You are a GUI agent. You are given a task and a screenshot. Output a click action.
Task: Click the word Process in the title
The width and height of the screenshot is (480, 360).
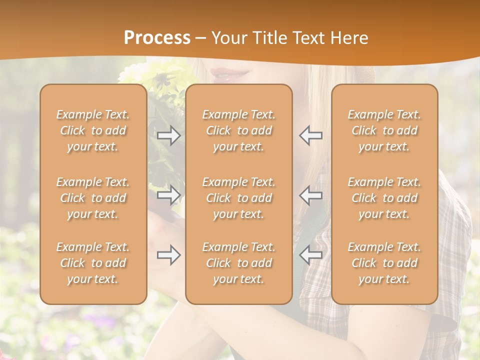(x=157, y=38)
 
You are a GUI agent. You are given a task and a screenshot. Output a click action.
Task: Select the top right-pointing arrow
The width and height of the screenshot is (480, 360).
(x=169, y=135)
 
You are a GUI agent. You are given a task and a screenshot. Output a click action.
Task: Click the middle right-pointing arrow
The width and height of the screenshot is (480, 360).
(x=169, y=194)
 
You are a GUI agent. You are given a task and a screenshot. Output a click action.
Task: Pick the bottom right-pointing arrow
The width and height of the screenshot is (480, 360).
(x=169, y=255)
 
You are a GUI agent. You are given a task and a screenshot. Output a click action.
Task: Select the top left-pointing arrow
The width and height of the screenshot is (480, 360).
(x=310, y=135)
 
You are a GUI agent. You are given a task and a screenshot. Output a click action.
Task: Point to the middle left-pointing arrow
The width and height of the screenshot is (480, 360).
(x=310, y=194)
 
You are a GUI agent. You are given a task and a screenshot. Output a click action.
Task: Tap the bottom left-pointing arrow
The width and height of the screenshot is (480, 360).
(x=310, y=255)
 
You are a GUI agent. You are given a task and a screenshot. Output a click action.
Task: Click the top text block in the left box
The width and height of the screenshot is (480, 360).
(x=93, y=130)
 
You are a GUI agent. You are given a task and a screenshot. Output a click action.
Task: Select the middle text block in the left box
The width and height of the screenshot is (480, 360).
(x=93, y=198)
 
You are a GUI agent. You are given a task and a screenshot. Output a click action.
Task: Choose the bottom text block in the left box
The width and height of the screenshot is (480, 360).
(x=93, y=263)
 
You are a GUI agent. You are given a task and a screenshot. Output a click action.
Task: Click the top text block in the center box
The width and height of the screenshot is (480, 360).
(x=239, y=130)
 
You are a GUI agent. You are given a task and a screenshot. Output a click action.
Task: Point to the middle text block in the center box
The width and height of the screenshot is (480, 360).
(x=239, y=198)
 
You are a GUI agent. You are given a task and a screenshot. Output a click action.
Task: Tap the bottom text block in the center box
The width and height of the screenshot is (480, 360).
(x=239, y=263)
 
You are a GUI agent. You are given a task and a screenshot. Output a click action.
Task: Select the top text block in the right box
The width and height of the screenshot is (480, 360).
(x=384, y=130)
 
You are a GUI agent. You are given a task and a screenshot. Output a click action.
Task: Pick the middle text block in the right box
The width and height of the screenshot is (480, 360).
(x=384, y=198)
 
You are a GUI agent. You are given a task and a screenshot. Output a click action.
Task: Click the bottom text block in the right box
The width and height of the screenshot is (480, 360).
(x=384, y=263)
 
